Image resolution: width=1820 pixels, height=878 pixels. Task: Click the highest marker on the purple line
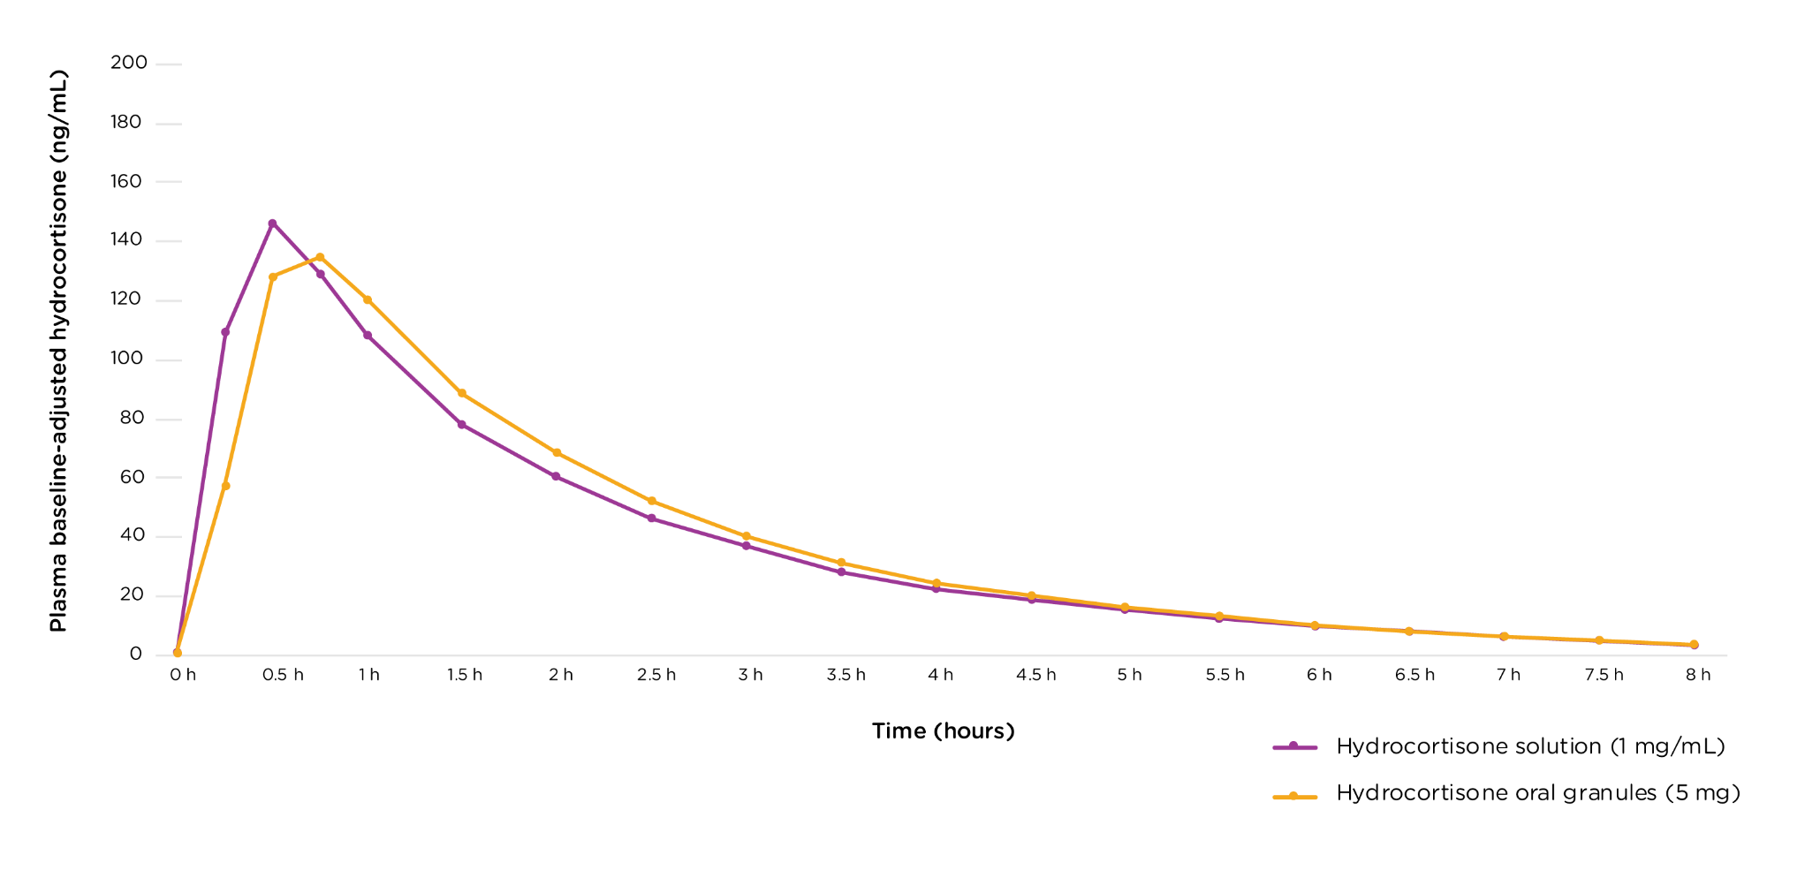(x=272, y=223)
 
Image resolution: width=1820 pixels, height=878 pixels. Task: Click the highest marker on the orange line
(x=320, y=257)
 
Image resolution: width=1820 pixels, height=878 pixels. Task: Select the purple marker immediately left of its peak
(x=225, y=332)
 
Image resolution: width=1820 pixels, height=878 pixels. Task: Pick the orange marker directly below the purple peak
(x=273, y=276)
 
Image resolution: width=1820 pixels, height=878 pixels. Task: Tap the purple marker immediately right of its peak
(x=320, y=274)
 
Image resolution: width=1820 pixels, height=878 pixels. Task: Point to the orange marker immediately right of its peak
(x=368, y=299)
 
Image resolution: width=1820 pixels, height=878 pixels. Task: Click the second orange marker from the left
(x=225, y=486)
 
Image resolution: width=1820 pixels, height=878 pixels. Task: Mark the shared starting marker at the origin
(x=178, y=653)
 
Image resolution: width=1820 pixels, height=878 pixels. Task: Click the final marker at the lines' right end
(x=1694, y=644)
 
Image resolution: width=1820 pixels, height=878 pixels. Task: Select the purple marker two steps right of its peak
(x=368, y=335)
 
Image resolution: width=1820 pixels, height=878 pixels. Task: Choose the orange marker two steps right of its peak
(x=461, y=393)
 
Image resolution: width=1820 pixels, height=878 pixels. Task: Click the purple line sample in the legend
(x=1294, y=747)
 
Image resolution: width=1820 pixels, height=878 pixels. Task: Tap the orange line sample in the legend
(x=1294, y=797)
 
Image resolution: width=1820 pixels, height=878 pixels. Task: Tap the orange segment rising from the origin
(x=201, y=570)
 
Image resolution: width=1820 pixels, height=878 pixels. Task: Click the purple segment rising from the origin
(x=201, y=492)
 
